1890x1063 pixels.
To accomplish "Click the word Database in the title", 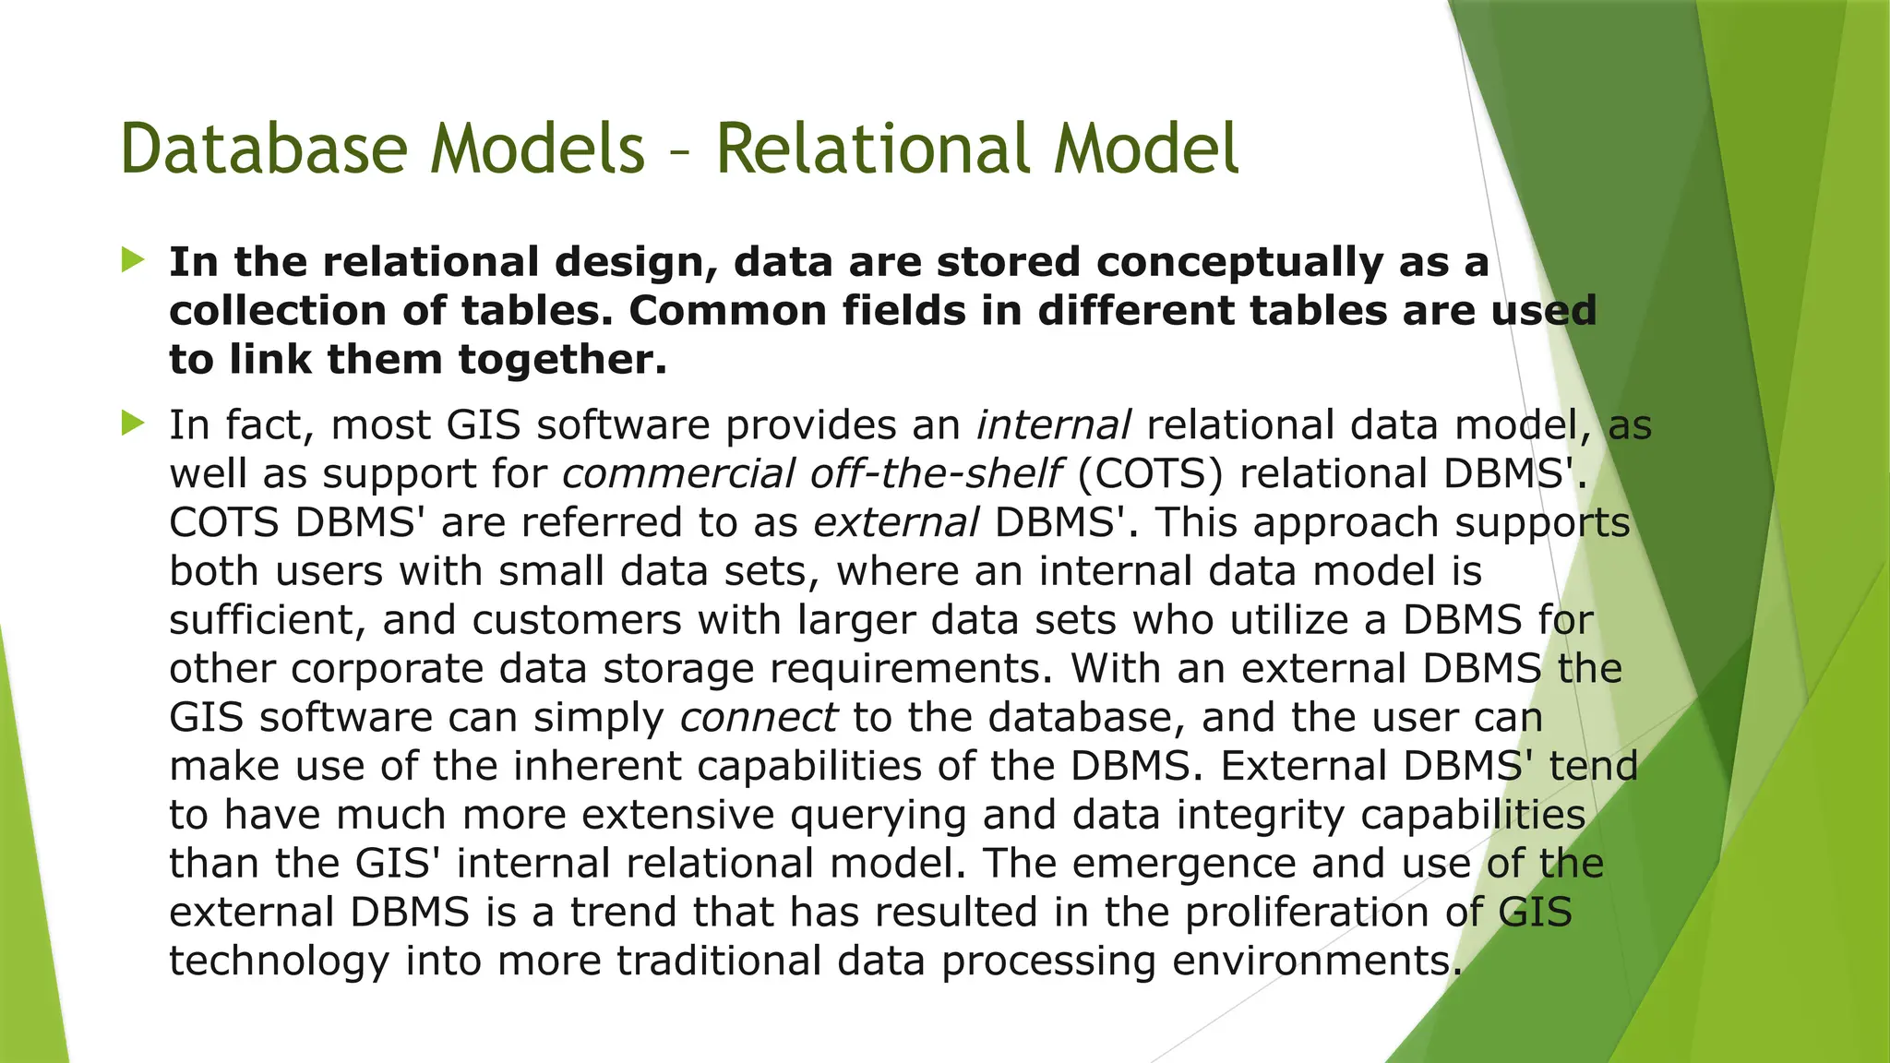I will [x=263, y=149].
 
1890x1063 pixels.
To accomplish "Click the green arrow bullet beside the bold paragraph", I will [x=133, y=260].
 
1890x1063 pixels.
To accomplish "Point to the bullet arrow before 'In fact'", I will [x=133, y=424].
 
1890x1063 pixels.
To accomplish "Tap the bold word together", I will [x=562, y=360].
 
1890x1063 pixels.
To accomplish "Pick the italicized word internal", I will [x=1053, y=425].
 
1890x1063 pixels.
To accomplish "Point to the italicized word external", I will [x=895, y=523].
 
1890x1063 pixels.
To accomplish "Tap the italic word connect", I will [x=759, y=718].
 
